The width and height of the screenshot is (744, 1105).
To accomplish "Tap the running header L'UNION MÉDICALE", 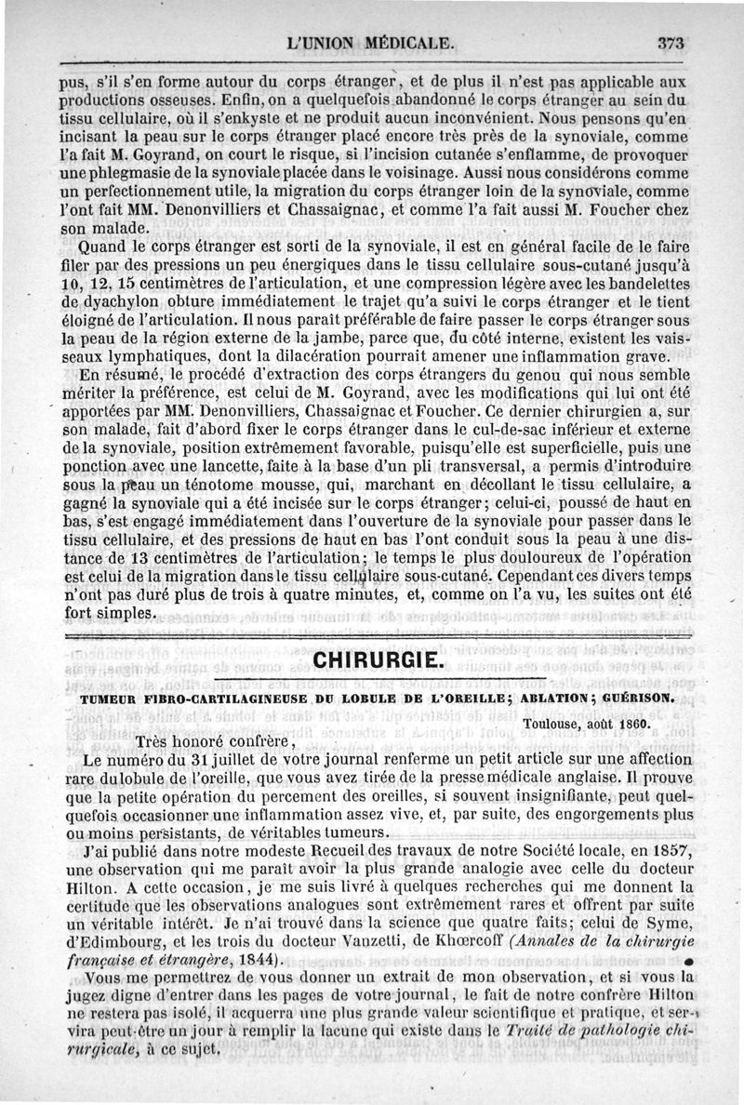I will pos(371,43).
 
